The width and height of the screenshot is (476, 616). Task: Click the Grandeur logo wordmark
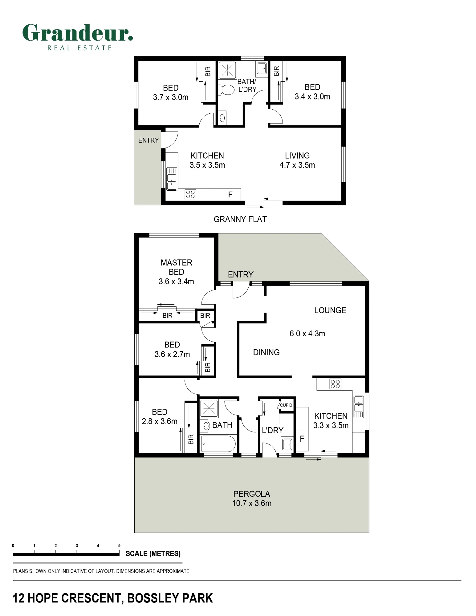coord(78,33)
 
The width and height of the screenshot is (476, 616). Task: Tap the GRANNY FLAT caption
coord(240,219)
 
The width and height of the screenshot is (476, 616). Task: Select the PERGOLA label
coord(252,494)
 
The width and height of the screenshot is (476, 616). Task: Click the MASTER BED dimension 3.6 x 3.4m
coord(176,282)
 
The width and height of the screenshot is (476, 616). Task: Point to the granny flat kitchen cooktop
coord(190,194)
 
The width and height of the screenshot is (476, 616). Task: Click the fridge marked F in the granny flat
coord(230,194)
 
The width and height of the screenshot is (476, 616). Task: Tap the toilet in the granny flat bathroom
coord(226,90)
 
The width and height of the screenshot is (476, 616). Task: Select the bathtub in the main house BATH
coord(218,444)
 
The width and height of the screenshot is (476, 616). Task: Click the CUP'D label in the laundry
coord(286,405)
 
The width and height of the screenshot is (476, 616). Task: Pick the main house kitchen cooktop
coord(335,384)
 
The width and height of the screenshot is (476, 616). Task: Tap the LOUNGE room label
coord(330,310)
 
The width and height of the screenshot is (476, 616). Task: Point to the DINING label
coord(266,352)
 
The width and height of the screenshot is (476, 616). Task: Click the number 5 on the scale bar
coord(119,545)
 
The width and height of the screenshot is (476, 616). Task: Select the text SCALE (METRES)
coord(153,553)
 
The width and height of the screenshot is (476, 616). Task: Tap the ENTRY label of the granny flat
coord(148,140)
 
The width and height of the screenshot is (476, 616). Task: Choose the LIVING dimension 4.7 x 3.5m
coord(297,165)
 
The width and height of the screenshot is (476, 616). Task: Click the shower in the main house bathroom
coord(209,408)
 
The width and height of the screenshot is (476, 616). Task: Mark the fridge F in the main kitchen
coord(302,439)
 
